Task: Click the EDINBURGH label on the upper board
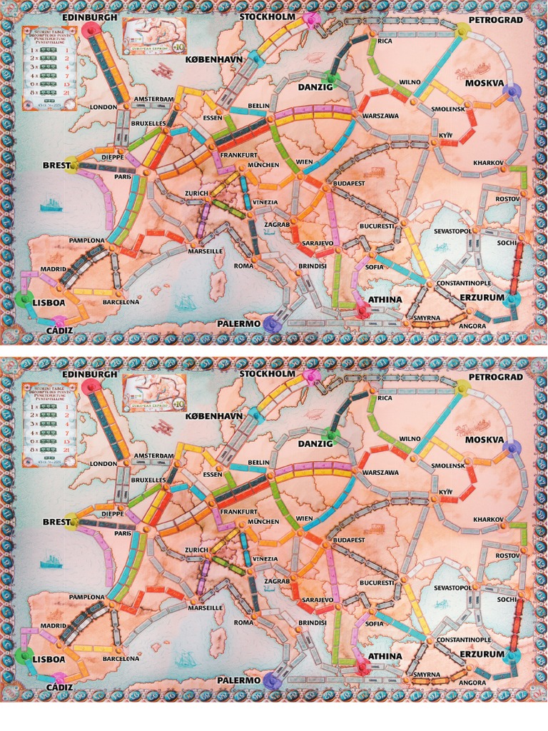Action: point(89,16)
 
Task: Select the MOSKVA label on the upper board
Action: point(484,84)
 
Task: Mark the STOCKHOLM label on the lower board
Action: point(267,373)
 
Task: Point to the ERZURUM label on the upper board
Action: point(482,297)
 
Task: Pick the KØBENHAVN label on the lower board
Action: point(214,415)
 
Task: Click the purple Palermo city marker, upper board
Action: point(271,325)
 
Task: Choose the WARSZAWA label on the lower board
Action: point(380,473)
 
